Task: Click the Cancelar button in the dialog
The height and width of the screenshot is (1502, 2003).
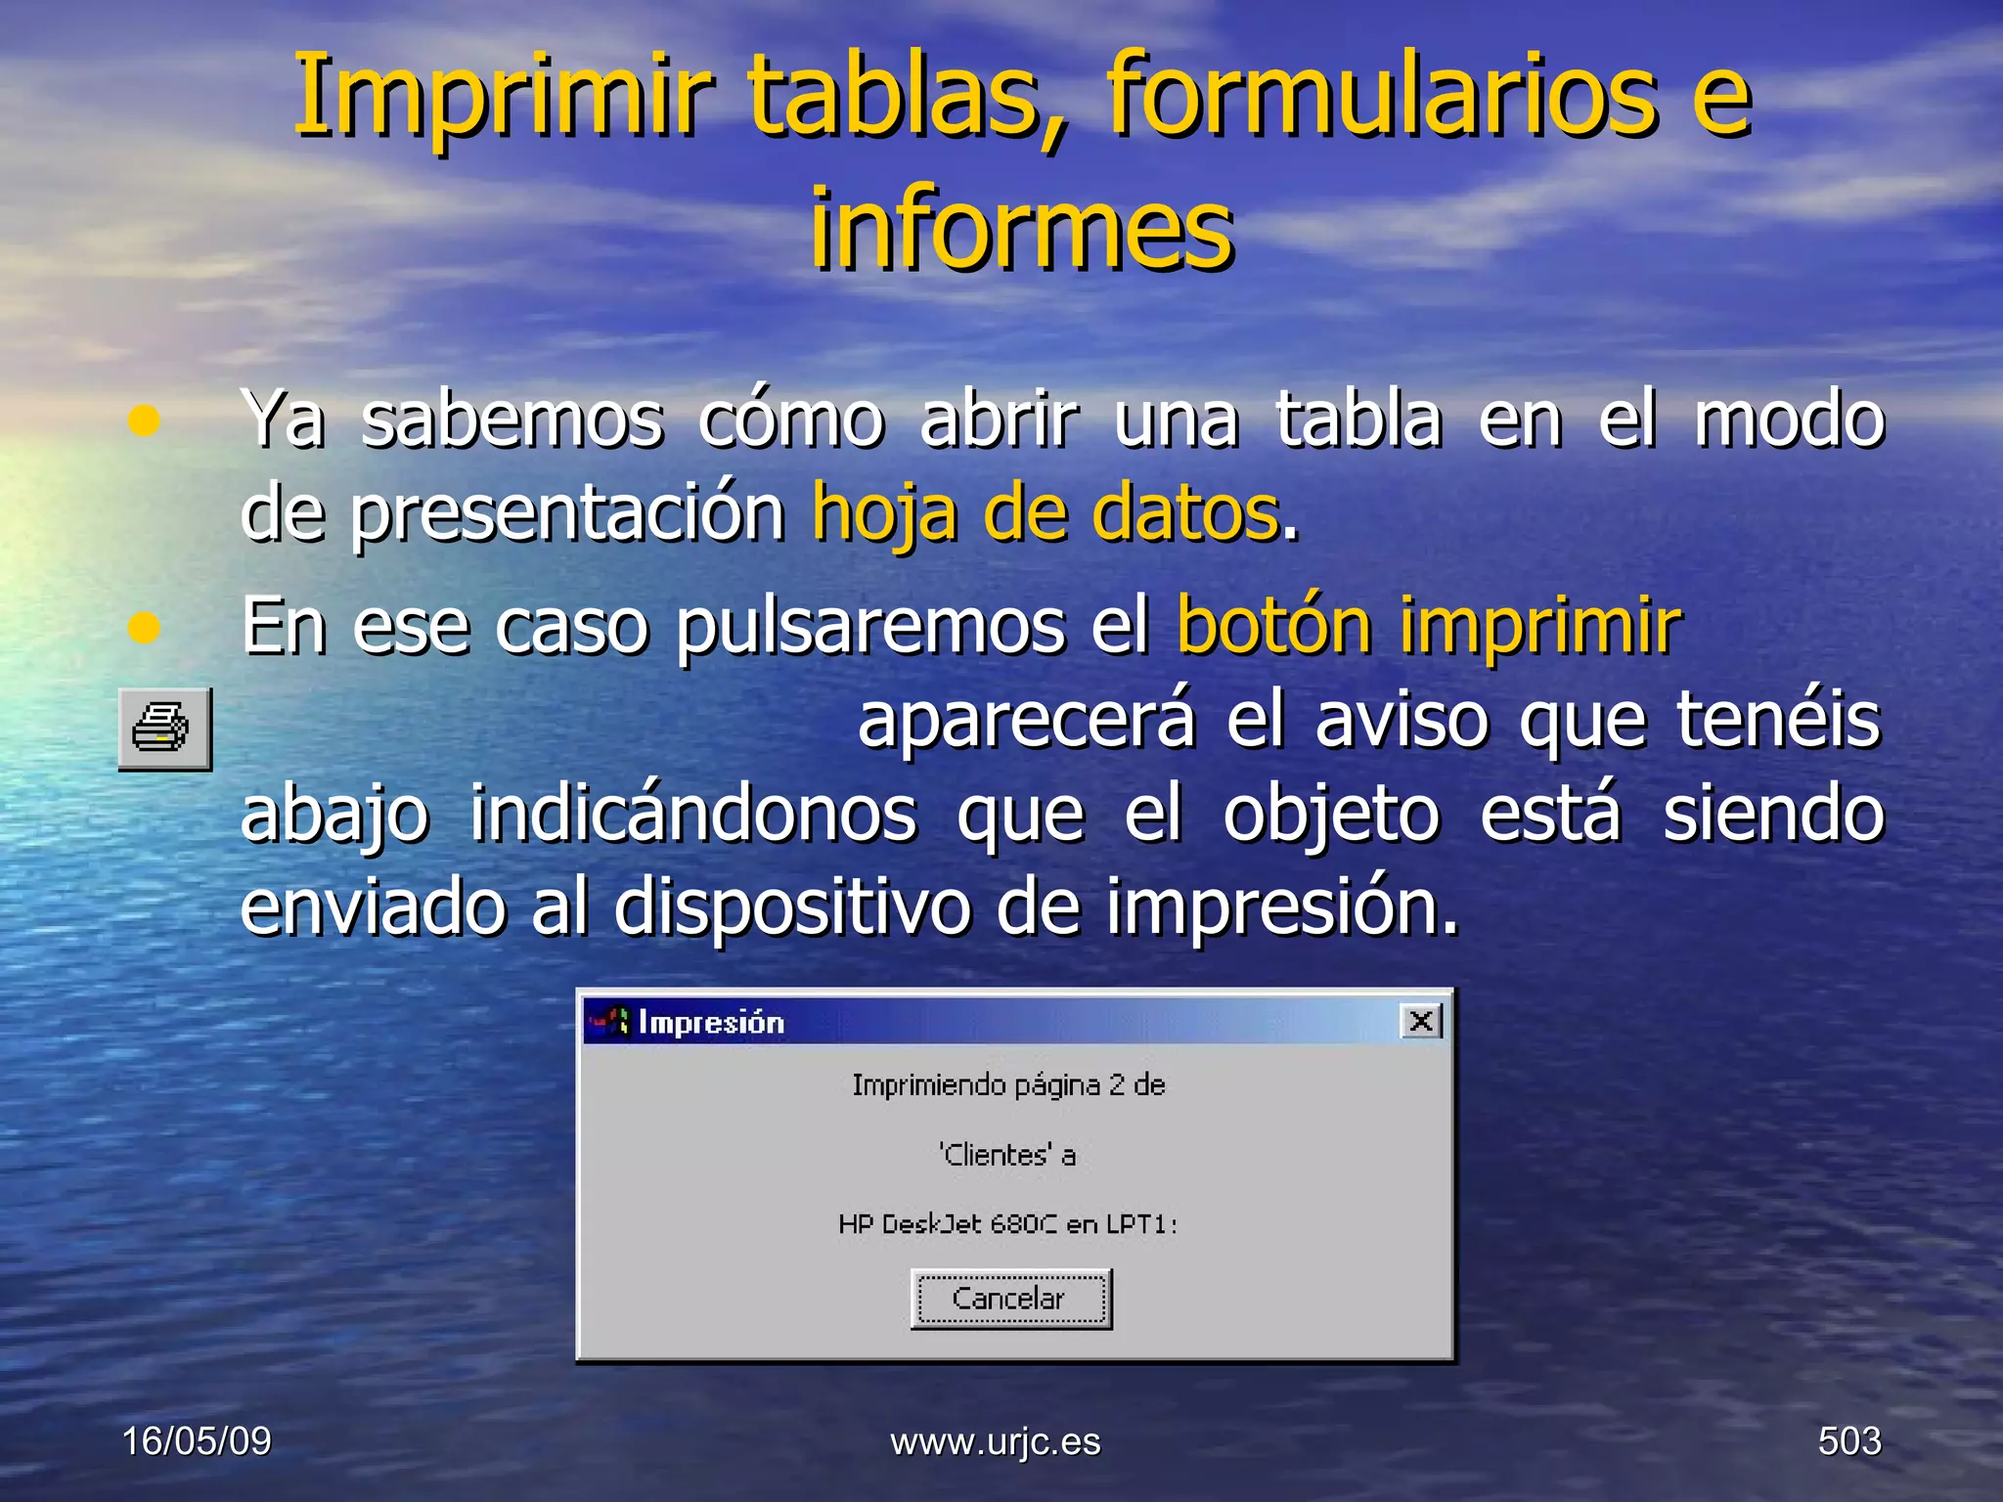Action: click(1010, 1299)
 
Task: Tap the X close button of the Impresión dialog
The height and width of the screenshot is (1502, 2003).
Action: click(1421, 1022)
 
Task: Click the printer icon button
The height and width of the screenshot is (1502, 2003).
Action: click(164, 729)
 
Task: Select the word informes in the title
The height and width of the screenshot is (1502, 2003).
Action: click(1022, 230)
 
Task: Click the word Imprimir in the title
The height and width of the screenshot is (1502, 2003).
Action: click(503, 96)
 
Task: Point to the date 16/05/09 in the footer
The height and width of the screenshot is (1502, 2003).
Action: click(197, 1440)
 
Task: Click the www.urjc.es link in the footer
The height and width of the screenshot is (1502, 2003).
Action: click(996, 1441)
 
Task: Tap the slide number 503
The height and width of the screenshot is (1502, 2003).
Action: click(1848, 1440)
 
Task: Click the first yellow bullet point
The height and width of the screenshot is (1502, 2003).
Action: click(144, 420)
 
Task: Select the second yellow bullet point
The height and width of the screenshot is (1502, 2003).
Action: click(144, 628)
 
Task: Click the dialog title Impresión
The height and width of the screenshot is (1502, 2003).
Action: click(711, 1023)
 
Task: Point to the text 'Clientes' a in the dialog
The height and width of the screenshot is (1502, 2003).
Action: click(1007, 1155)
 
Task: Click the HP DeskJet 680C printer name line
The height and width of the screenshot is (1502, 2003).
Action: click(1007, 1224)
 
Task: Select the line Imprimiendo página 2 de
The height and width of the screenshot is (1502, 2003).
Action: click(1008, 1085)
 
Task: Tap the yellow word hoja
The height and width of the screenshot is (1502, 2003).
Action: click(884, 514)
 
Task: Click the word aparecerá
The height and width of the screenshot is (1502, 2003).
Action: click(1026, 720)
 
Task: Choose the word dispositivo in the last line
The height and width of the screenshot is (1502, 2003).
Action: click(792, 906)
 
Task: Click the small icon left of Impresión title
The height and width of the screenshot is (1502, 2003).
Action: click(610, 1022)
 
